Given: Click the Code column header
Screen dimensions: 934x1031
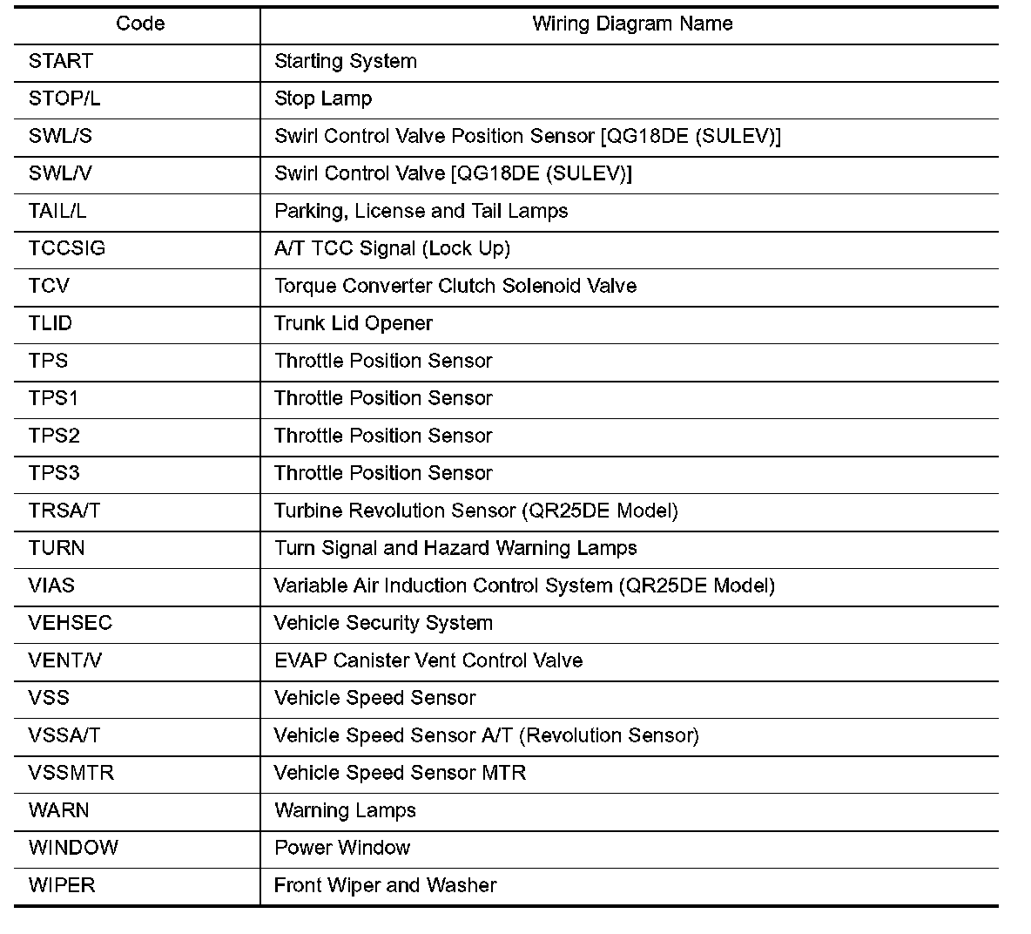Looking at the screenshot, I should coord(140,24).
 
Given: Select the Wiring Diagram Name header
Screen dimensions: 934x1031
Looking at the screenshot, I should coord(632,24).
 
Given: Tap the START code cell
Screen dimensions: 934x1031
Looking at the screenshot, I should coord(61,62).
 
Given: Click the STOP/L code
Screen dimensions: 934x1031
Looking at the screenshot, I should coord(64,99).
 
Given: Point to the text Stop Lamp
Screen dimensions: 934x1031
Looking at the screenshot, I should coord(323,99).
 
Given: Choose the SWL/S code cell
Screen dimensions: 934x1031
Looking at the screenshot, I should coord(60,137).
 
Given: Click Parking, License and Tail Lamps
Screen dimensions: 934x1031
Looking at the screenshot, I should coord(421,212).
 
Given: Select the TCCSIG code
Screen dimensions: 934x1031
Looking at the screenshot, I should coord(67,249).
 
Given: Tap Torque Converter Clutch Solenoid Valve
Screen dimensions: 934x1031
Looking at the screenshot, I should coord(455,287).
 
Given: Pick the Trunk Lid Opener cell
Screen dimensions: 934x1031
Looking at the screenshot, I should coord(354,324).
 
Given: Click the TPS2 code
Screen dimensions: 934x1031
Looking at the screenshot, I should coord(54,437).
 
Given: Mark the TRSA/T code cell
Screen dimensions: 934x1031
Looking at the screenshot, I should coord(64,511).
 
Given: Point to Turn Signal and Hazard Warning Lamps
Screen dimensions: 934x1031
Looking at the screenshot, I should coord(455,549).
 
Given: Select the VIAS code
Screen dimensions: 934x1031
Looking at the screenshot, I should coord(51,586).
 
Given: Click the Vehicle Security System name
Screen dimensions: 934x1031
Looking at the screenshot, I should coord(383,624).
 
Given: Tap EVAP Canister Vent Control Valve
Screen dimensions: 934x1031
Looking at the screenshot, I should coord(428,661).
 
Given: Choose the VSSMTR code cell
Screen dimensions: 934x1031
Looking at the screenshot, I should coord(71,774).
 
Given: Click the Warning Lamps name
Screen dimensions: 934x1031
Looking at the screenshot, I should coord(345,811).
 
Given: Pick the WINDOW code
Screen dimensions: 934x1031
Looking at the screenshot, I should coord(73,849).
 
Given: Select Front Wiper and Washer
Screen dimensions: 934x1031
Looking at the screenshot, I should coord(385,886).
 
